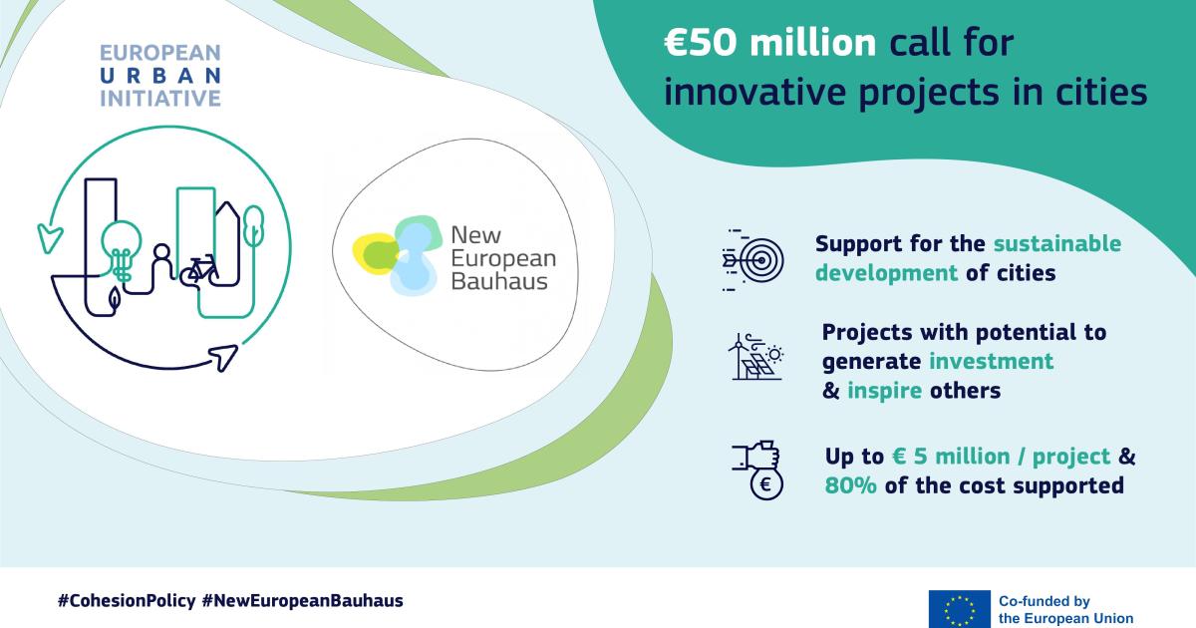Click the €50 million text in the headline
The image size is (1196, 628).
(x=769, y=43)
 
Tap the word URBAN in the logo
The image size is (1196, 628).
(x=160, y=76)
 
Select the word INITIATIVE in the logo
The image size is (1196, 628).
(x=160, y=99)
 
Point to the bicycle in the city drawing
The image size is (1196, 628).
(x=199, y=270)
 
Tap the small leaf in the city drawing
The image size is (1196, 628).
(x=115, y=298)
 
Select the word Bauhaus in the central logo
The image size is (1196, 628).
(x=499, y=281)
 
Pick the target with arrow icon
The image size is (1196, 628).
(x=752, y=260)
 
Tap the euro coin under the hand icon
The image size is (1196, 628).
(x=766, y=484)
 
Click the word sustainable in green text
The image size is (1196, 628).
(x=1057, y=243)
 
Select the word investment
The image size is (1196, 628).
(x=991, y=361)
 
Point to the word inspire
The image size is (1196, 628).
(x=884, y=391)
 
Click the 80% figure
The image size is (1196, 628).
(x=850, y=485)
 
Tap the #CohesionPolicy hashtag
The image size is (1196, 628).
(x=127, y=601)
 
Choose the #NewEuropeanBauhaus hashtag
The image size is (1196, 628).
(x=303, y=601)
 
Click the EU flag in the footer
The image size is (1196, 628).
(x=960, y=609)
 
